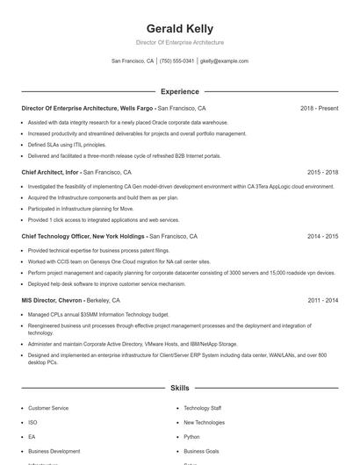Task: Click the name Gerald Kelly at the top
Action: coord(179,29)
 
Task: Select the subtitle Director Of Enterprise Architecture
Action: coord(179,42)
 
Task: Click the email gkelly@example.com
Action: coord(224,61)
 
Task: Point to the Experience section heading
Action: coord(179,91)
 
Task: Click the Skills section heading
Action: coord(179,387)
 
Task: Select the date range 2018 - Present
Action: coord(319,108)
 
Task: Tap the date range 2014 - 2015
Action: coord(322,236)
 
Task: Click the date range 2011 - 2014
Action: coord(322,300)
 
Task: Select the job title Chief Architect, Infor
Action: coord(55,173)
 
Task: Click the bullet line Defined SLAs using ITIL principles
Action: coord(67,145)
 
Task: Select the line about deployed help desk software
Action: coord(106,283)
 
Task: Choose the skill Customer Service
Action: coord(48,408)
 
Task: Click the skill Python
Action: coord(191,436)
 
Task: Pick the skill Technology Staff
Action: coord(202,408)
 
